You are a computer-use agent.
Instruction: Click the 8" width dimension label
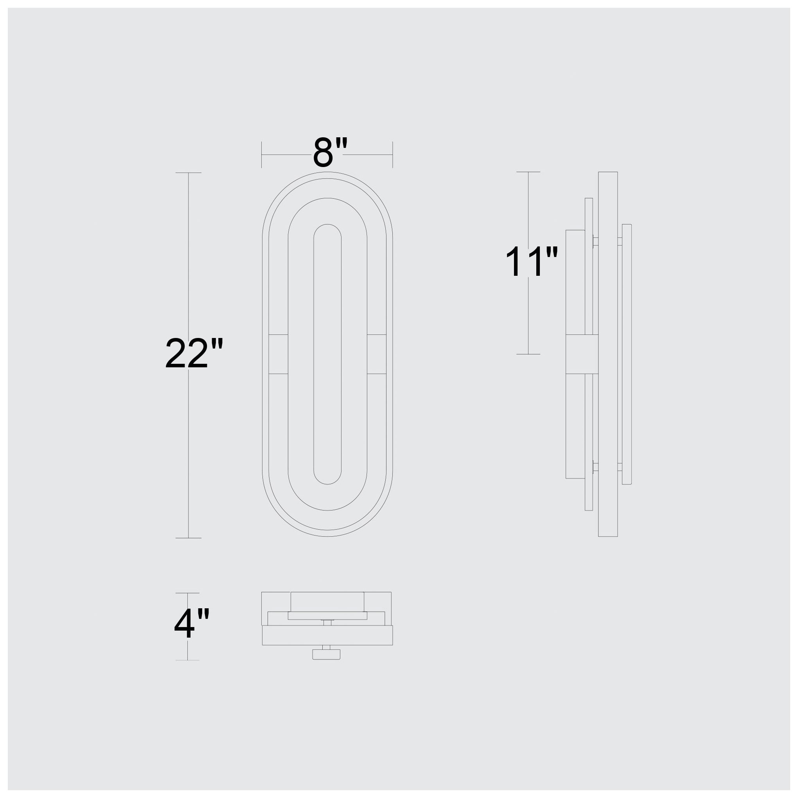[x=330, y=153]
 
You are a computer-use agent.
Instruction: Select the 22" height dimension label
[x=194, y=354]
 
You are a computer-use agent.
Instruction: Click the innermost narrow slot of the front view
[x=327, y=354]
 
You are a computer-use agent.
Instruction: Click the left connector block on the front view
[x=278, y=354]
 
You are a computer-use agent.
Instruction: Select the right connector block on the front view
[x=376, y=354]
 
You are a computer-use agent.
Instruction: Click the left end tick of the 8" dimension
[x=261, y=155]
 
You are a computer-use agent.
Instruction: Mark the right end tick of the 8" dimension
[x=392, y=155]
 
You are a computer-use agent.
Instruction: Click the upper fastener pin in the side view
[x=595, y=241]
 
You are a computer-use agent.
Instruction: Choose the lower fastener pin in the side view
[x=595, y=467]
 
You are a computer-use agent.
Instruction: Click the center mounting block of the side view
[x=582, y=354]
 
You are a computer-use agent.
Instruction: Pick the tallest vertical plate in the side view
[x=607, y=354]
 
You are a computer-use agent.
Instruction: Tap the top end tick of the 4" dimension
[x=187, y=593]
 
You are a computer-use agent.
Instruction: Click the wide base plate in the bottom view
[x=327, y=635]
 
